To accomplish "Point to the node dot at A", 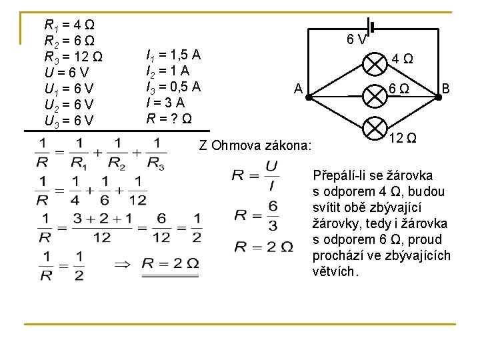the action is click(309, 97).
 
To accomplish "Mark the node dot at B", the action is click(439, 97).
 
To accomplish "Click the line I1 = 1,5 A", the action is click(173, 54).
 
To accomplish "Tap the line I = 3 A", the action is click(165, 102).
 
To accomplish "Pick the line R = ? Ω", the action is click(170, 119).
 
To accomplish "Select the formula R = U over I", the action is click(256, 175).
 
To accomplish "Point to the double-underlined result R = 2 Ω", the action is click(170, 263).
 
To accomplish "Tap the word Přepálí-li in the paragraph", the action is click(339, 176).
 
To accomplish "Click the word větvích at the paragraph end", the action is click(336, 271).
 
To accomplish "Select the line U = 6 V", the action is click(67, 72).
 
